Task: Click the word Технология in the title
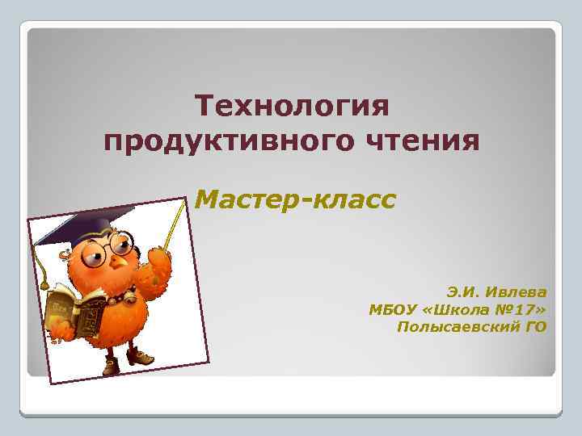[x=292, y=107]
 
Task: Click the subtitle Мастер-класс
[x=296, y=198]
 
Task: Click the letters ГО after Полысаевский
[x=535, y=326]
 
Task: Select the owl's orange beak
[x=120, y=263]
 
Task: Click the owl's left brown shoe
[x=110, y=367]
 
